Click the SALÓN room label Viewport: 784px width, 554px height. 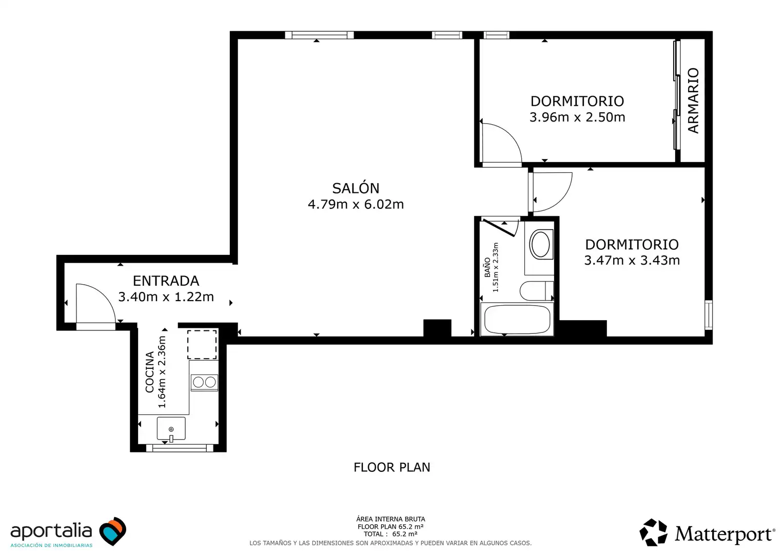[356, 188]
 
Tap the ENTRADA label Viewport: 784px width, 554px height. [166, 281]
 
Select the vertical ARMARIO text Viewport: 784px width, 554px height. [693, 101]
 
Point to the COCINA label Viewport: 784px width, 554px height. [149, 372]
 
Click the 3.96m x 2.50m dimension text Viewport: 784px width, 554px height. [577, 117]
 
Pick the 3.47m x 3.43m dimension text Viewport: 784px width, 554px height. [632, 261]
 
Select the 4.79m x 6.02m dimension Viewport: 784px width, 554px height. [356, 204]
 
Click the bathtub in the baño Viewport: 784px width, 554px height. [517, 319]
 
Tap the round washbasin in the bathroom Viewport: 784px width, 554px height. [541, 244]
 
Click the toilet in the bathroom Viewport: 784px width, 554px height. [537, 291]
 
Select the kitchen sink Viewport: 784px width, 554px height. [171, 428]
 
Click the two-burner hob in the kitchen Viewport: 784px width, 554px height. [204, 383]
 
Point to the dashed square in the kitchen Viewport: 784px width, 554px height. [202, 344]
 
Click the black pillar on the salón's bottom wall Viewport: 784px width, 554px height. [437, 328]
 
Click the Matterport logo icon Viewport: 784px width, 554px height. [654, 532]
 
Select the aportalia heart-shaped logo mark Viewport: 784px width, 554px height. [112, 531]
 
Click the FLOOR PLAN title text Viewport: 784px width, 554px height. [391, 467]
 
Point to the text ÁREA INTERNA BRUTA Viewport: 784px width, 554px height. [390, 519]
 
